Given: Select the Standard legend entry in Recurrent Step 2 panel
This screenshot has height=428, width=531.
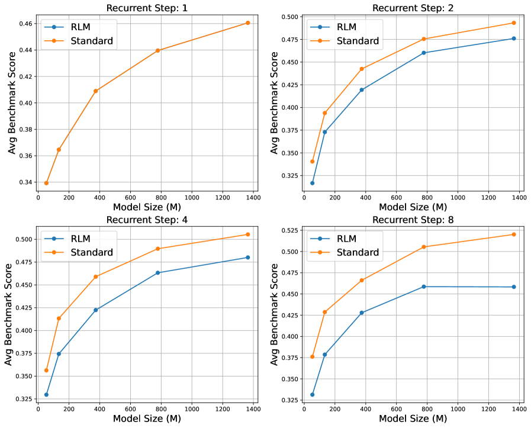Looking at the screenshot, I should pyautogui.click(x=358, y=41).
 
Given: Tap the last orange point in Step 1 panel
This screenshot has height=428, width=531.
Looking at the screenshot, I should pyautogui.click(x=247, y=22).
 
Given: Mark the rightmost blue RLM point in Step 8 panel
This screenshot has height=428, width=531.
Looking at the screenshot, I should pyautogui.click(x=513, y=287).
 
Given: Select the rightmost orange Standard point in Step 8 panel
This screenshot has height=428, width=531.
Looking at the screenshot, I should pyautogui.click(x=513, y=234).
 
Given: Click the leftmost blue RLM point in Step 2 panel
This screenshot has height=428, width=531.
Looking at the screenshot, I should pyautogui.click(x=312, y=183).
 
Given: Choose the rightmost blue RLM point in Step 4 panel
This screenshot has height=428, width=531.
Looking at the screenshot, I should pyautogui.click(x=247, y=258).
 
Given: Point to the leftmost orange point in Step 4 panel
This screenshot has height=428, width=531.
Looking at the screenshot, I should pyautogui.click(x=46, y=371).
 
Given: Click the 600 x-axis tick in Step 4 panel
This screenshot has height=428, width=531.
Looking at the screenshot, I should pyautogui.click(x=130, y=408).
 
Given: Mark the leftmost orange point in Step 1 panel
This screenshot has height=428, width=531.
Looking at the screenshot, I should pyautogui.click(x=46, y=183).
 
